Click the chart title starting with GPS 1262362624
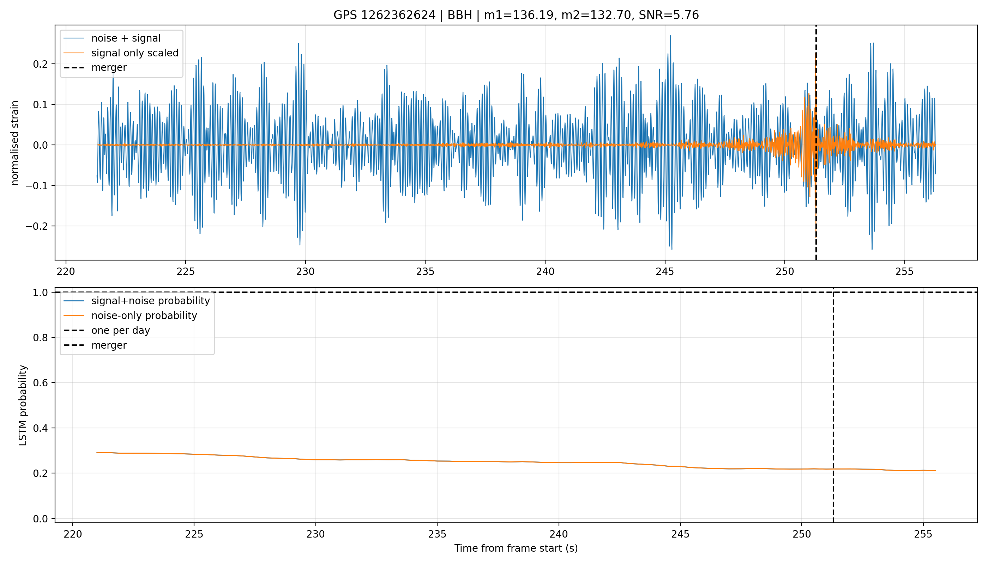pos(516,15)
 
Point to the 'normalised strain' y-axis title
pos(15,143)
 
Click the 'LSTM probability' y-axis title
pos(23,405)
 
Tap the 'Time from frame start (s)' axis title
pos(516,548)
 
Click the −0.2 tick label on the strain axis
pos(38,226)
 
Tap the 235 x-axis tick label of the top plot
pos(425,271)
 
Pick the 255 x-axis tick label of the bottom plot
pos(923,534)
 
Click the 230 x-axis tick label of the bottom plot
pos(316,534)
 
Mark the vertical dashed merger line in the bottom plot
pos(833,405)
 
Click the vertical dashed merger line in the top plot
pos(816,142)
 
